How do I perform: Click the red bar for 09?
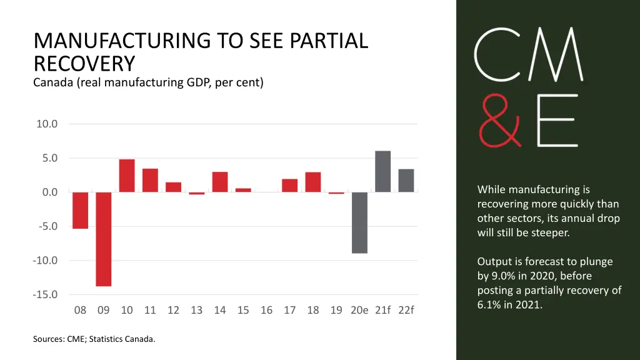tap(104, 239)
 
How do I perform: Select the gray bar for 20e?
tap(359, 222)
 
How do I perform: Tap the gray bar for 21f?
tap(382, 171)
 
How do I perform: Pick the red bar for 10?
tap(127, 176)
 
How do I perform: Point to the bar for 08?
tap(80, 210)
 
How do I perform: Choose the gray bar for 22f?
tap(406, 181)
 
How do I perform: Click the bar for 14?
tap(220, 182)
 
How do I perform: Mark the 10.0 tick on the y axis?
tap(47, 124)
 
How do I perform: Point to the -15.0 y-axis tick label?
tap(46, 294)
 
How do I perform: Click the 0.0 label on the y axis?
tap(50, 192)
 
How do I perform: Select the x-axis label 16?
tap(266, 310)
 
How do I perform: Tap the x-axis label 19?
tap(336, 310)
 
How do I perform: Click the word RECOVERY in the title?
tap(84, 63)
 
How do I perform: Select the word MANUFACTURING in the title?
tap(122, 41)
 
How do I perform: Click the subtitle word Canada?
tap(54, 82)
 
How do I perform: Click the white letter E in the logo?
tap(558, 121)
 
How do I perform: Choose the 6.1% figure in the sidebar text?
tap(491, 304)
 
